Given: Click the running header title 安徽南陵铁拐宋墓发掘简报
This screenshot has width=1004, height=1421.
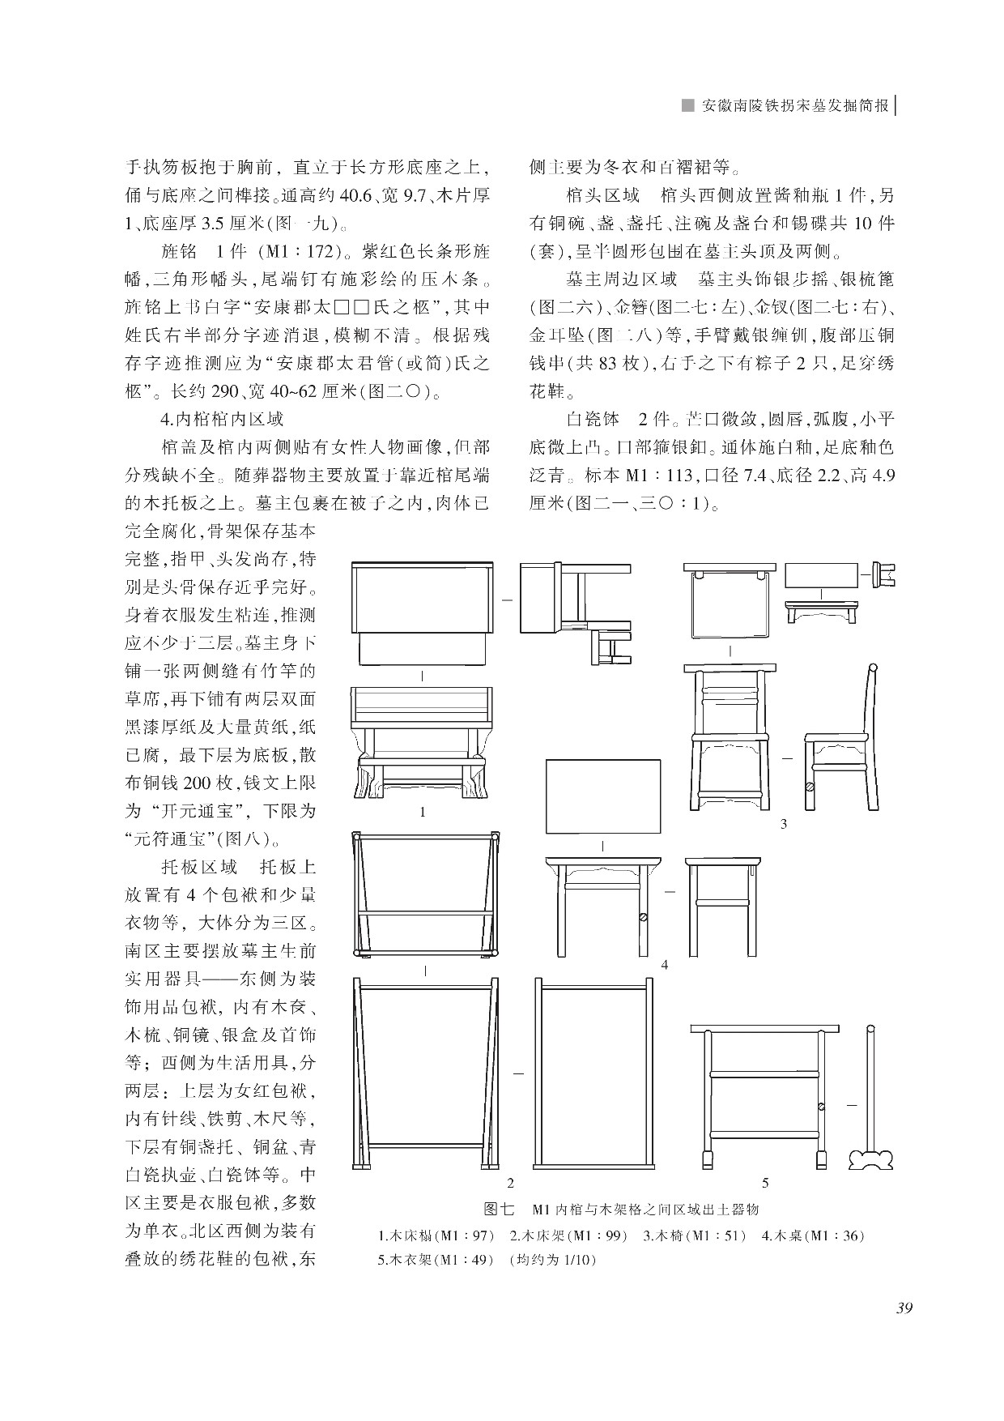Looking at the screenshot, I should tap(796, 105).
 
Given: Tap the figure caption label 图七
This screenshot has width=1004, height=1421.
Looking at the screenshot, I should tap(498, 1210).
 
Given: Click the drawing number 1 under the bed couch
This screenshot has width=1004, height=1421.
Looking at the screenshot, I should tap(423, 811).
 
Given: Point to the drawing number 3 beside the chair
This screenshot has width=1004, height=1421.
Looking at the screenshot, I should tap(783, 824).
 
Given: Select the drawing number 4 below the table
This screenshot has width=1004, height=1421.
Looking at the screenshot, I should tap(664, 964).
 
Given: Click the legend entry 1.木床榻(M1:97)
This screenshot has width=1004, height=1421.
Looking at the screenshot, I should tap(436, 1236).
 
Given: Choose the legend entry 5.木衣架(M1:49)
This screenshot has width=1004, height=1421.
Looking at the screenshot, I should tap(436, 1261).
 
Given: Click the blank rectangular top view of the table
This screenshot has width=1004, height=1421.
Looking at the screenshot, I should tap(603, 796).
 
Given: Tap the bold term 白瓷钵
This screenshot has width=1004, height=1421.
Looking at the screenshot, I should tap(593, 419).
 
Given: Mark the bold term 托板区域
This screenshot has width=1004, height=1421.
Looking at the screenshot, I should tap(199, 867).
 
